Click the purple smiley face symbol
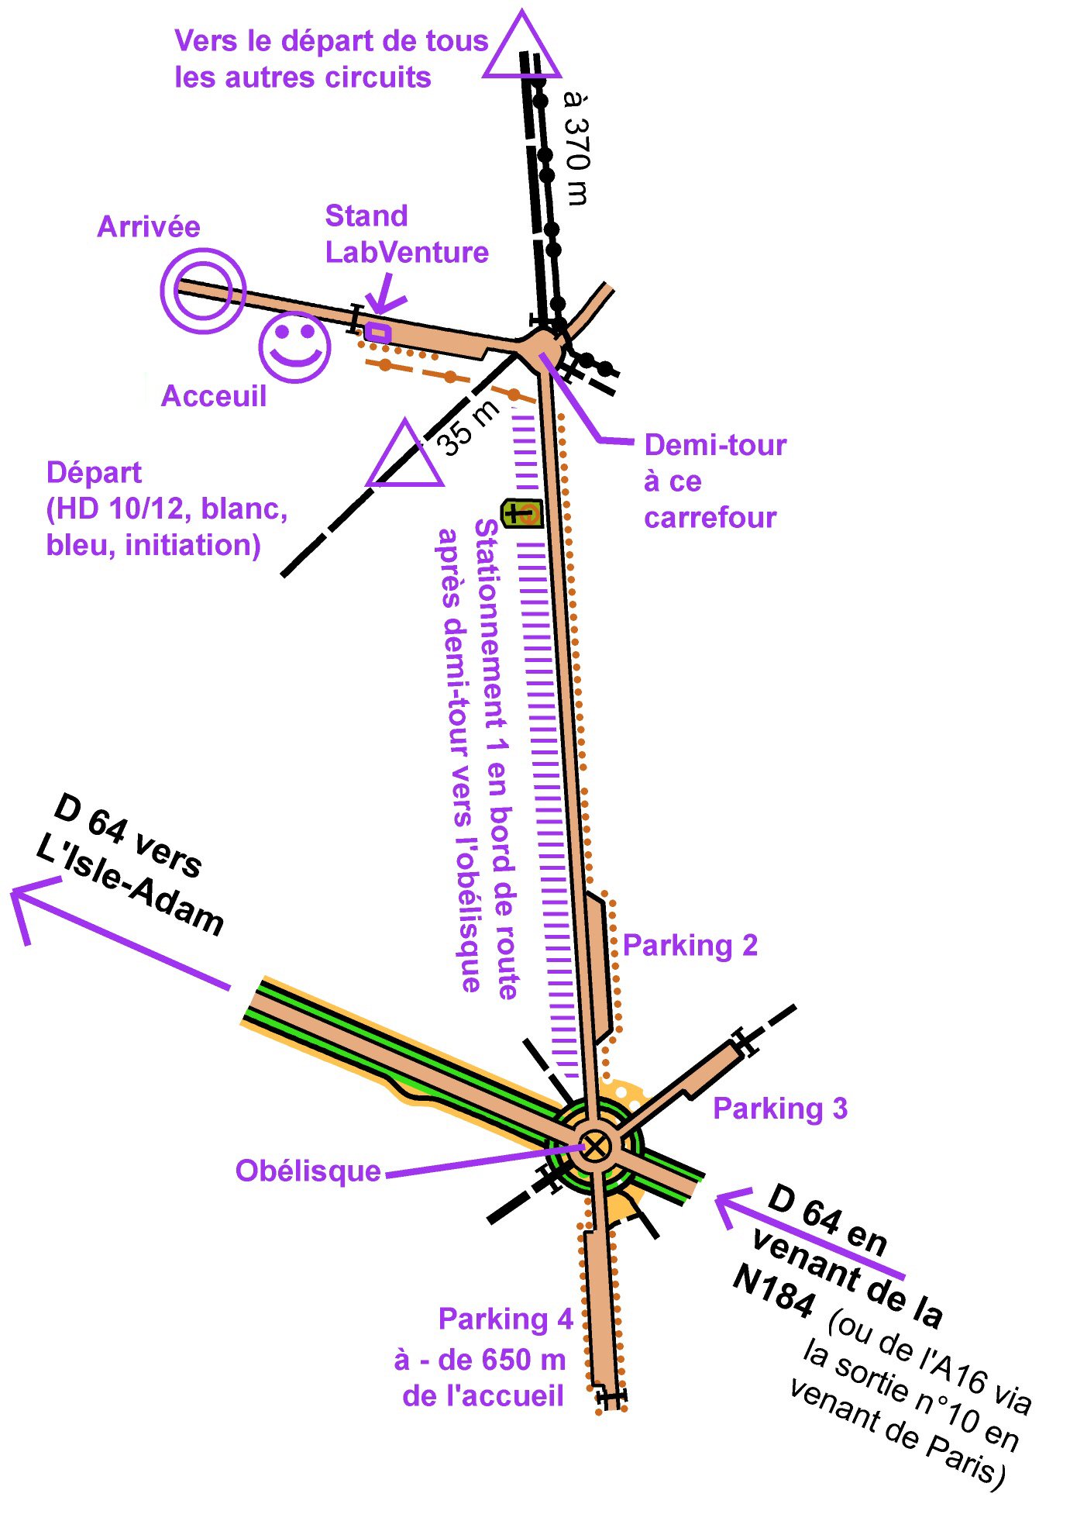[x=294, y=347]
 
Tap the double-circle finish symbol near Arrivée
[x=203, y=291]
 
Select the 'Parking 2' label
[x=690, y=946]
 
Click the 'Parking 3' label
[x=779, y=1109]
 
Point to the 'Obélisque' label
[x=308, y=1171]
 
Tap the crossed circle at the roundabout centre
[x=595, y=1146]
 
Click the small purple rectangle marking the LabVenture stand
[x=377, y=333]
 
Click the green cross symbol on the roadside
[x=521, y=512]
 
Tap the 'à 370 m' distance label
[x=577, y=147]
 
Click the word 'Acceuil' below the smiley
[x=213, y=396]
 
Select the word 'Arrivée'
[x=148, y=227]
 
